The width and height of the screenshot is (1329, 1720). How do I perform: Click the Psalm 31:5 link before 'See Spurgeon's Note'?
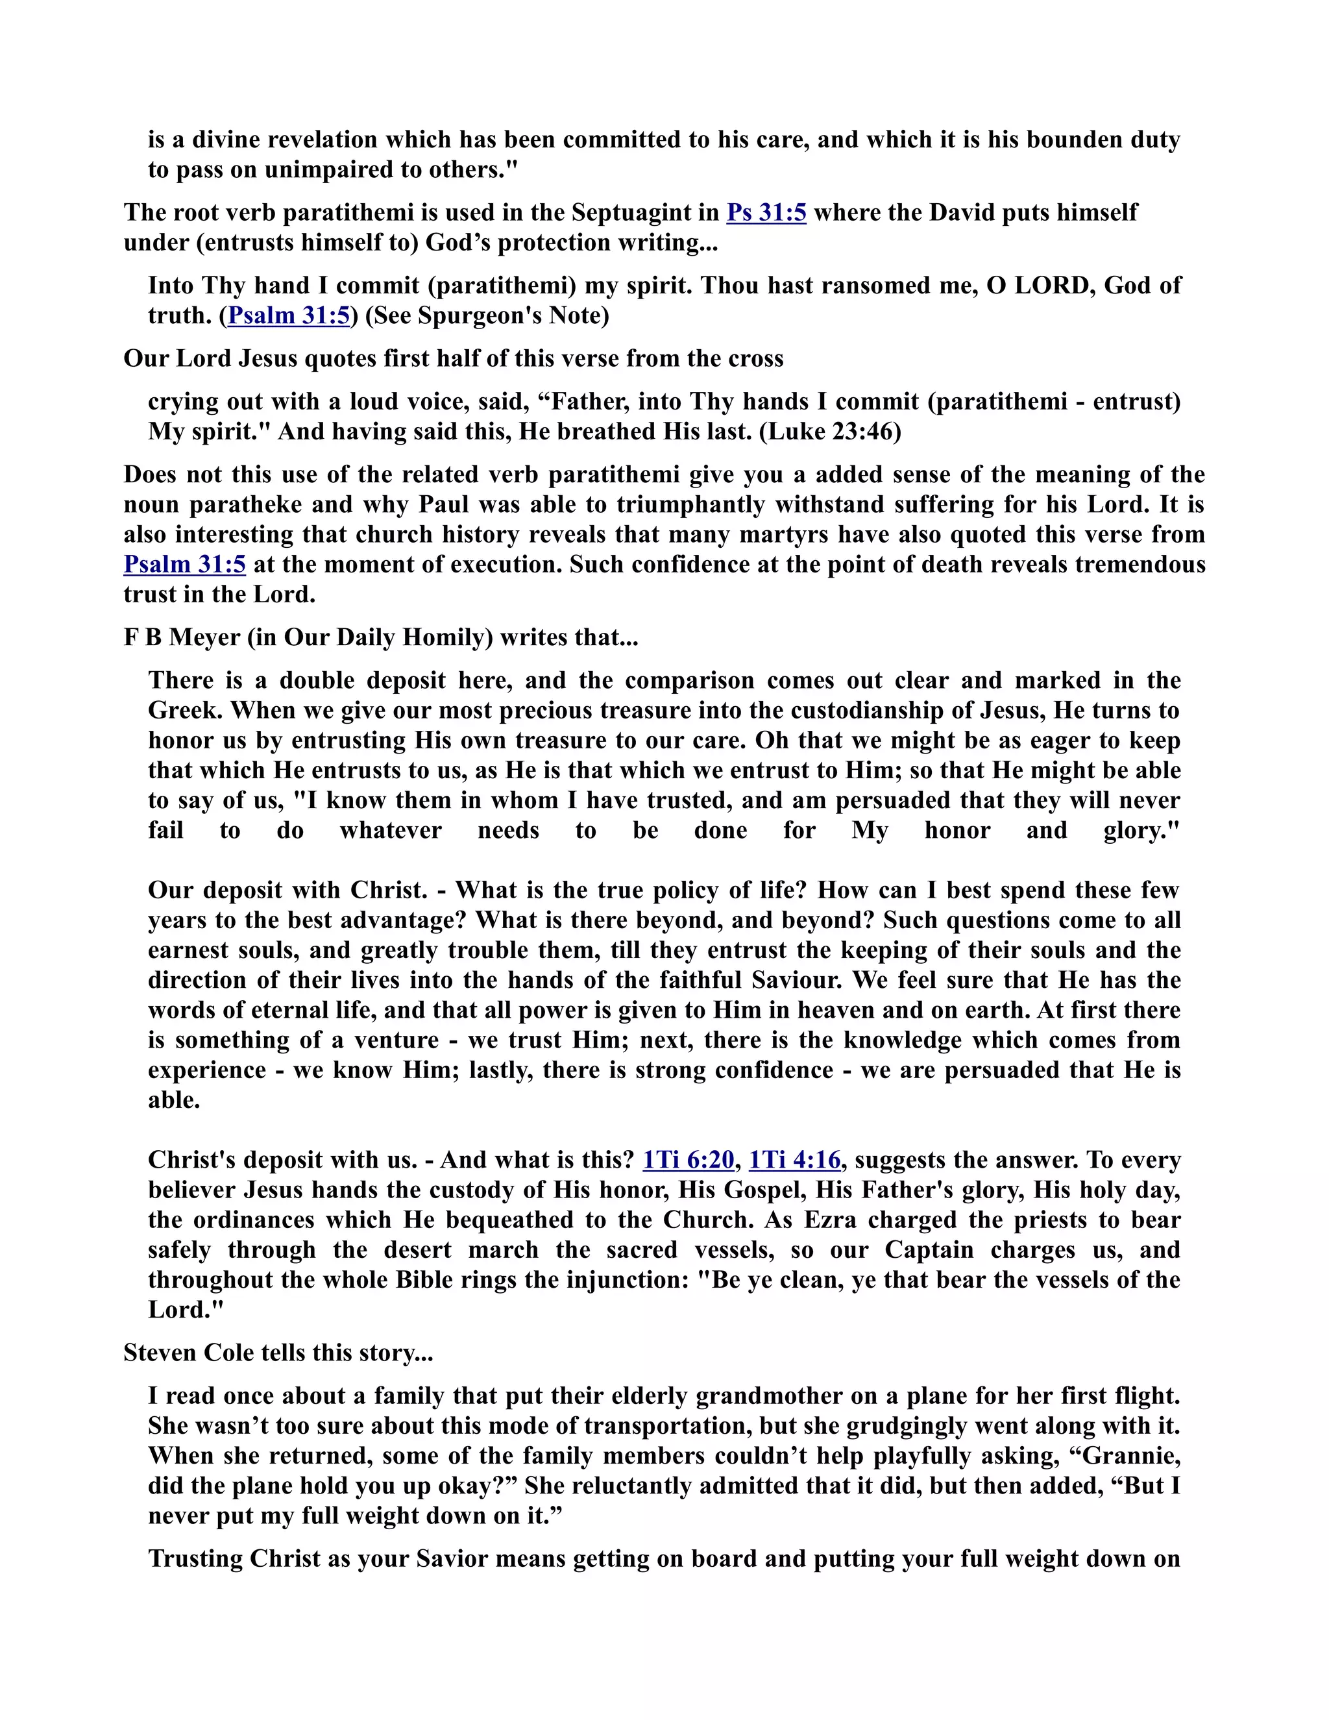click(x=288, y=316)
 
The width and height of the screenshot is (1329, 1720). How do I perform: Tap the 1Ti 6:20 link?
click(x=688, y=1160)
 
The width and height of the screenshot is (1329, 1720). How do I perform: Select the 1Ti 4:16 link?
click(x=794, y=1160)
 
